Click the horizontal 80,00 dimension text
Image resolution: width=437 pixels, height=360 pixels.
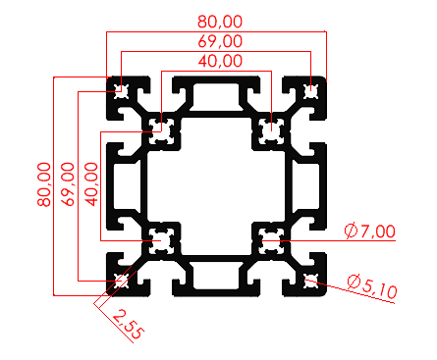tap(221, 20)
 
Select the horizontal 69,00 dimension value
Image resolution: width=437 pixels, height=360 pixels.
tap(221, 41)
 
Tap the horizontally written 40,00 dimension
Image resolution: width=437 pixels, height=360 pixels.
tap(221, 60)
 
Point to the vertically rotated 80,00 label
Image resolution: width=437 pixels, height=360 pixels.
tap(42, 183)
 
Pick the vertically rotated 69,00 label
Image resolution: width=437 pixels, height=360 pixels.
tap(67, 183)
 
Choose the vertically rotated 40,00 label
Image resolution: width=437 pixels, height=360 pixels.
tap(91, 183)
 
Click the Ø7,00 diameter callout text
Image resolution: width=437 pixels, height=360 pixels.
tap(370, 231)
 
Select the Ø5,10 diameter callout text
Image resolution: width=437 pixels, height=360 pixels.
tap(371, 286)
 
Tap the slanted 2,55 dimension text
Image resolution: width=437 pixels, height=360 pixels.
tap(124, 323)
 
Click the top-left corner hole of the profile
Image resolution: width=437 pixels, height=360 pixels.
tap(121, 92)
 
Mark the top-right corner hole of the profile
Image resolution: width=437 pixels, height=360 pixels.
tap(311, 92)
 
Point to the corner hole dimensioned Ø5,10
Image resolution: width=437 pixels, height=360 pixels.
tap(311, 283)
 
